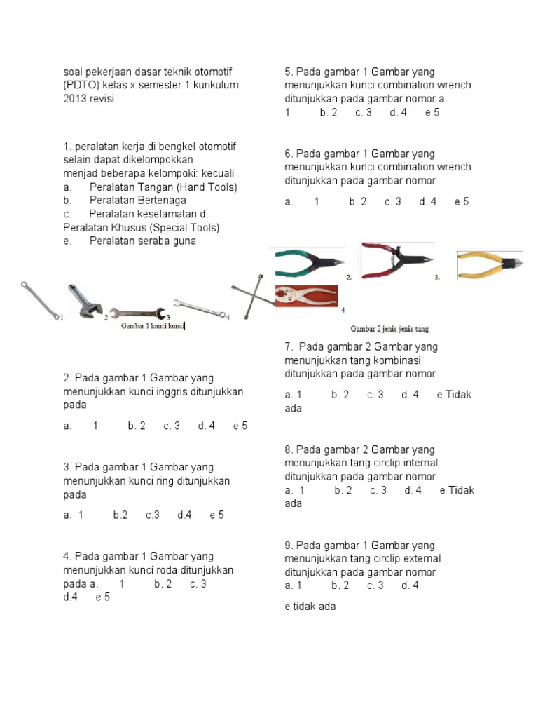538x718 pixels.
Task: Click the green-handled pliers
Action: [308, 262]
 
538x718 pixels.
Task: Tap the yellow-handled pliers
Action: [489, 264]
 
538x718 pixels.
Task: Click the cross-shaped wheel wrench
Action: [250, 300]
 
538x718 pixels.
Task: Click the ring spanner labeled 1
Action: [39, 300]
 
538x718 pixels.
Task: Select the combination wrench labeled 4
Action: [199, 309]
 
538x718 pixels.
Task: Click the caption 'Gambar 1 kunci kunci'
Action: [153, 326]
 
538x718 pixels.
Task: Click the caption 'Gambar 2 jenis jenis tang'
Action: [389, 329]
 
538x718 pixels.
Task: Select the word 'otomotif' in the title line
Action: [213, 72]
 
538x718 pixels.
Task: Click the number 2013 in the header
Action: [76, 99]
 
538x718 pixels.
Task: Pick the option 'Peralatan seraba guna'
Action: [143, 241]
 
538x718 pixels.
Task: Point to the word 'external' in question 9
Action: [422, 559]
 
